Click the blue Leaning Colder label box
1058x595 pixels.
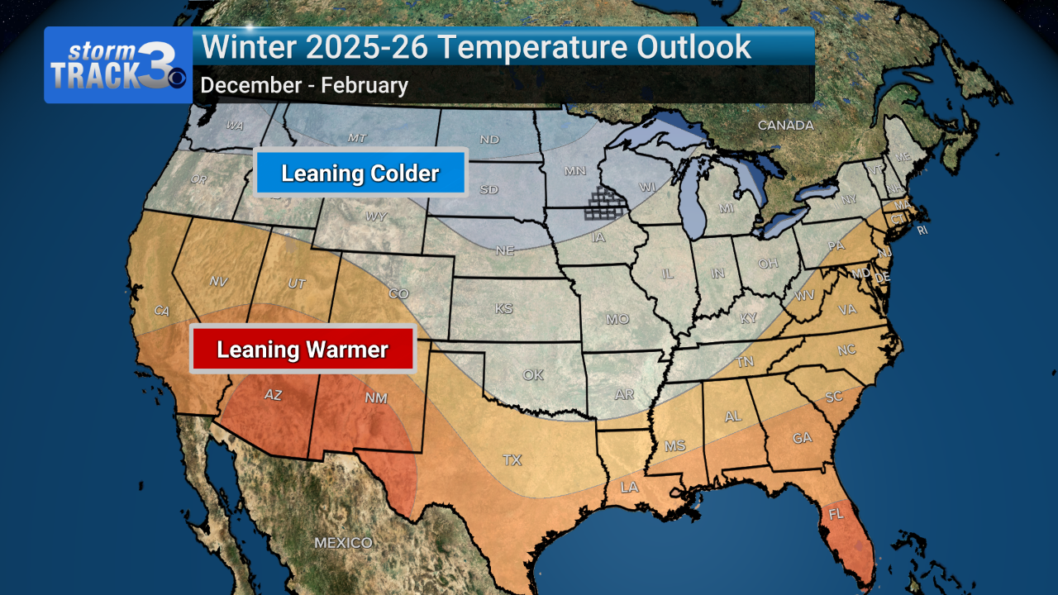[x=360, y=174]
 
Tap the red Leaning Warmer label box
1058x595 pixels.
[x=303, y=350]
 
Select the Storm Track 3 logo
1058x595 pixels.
[x=118, y=65]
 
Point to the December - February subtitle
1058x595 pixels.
[x=304, y=85]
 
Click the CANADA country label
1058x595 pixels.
[x=786, y=126]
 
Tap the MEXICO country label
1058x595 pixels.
[x=343, y=543]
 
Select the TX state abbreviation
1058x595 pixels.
[x=512, y=459]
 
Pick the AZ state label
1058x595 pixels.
[x=273, y=396]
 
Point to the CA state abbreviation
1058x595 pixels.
[x=162, y=311]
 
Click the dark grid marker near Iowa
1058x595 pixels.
[x=605, y=203]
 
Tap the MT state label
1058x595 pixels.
[x=357, y=137]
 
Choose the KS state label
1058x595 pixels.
[x=503, y=309]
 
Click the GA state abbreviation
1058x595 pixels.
[x=803, y=438]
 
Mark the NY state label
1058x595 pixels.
[x=849, y=199]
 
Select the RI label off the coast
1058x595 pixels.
[x=922, y=230]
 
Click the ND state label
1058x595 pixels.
[x=489, y=140]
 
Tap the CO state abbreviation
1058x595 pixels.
[x=398, y=293]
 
